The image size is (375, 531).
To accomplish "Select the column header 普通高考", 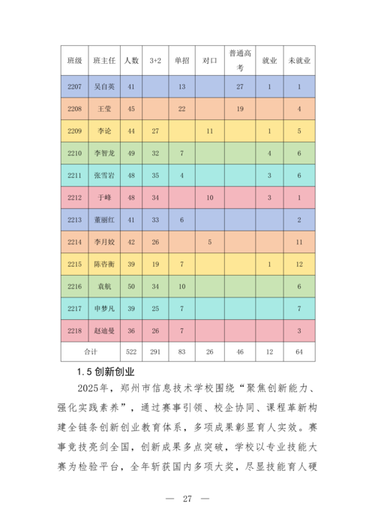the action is point(240,60).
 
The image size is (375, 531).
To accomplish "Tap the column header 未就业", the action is point(299,60).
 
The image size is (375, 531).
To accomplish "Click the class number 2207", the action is point(74,87).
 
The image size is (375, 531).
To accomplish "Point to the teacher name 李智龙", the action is point(104,153).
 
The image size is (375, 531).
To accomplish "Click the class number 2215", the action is point(74,264).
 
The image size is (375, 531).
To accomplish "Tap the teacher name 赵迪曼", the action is point(104,330).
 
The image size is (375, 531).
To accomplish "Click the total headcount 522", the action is point(131,351).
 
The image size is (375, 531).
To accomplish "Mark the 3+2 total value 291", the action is point(155,351).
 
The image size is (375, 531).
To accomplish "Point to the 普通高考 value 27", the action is point(240,87).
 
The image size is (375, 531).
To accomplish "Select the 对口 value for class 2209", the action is point(210,131).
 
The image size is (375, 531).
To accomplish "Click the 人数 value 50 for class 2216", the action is point(131,286).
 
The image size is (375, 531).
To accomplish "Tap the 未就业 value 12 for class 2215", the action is point(299,264).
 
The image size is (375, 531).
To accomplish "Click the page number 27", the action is point(187,499).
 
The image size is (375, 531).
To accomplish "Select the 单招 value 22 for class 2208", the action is point(181,109).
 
